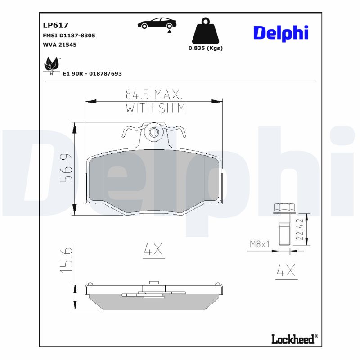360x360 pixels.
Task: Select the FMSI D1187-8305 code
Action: coord(68,35)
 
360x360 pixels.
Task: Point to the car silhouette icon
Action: coord(157,24)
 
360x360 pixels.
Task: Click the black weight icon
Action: coord(206,31)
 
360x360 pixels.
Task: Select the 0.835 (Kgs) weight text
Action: coord(206,48)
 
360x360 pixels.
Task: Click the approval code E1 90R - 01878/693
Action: coord(92,73)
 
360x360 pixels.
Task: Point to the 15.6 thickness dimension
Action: coord(66,260)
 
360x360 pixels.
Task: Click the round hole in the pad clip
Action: coord(154,132)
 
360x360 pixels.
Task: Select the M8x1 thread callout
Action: coord(260,244)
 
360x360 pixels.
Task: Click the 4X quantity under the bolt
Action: coord(285,270)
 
